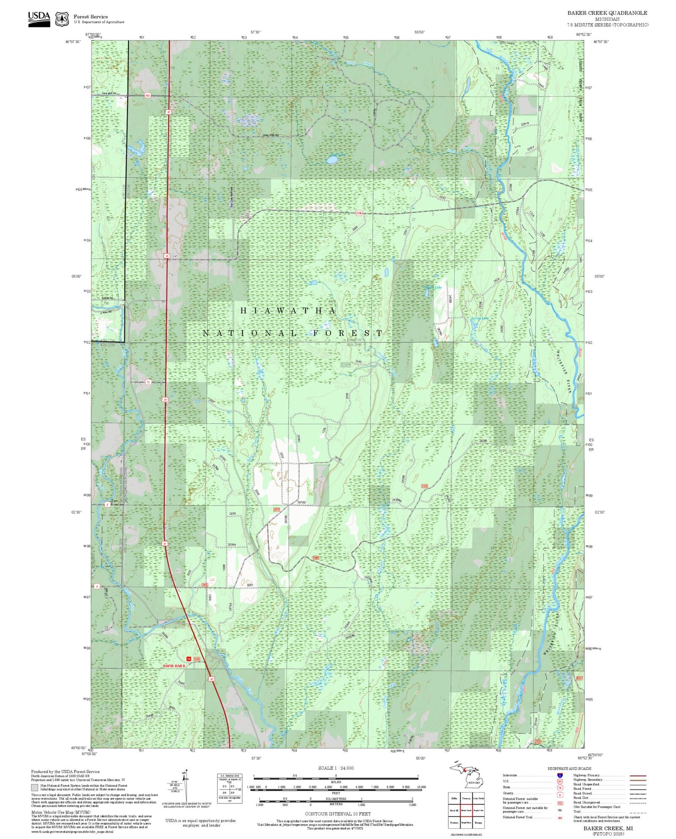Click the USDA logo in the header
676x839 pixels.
[39, 19]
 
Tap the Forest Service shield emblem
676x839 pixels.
[62, 19]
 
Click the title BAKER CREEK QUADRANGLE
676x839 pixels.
[607, 13]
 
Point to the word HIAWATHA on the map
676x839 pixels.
[288, 311]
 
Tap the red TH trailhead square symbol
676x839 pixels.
[189, 659]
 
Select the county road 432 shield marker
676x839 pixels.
[148, 96]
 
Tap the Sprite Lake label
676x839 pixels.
[480, 319]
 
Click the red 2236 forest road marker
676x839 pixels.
[359, 213]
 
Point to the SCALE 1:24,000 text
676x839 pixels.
[336, 768]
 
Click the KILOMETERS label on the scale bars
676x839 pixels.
[336, 798]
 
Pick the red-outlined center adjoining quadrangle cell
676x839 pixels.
[466, 810]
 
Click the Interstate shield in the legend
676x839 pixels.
[560, 775]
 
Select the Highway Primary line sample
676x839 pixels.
[637, 775]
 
